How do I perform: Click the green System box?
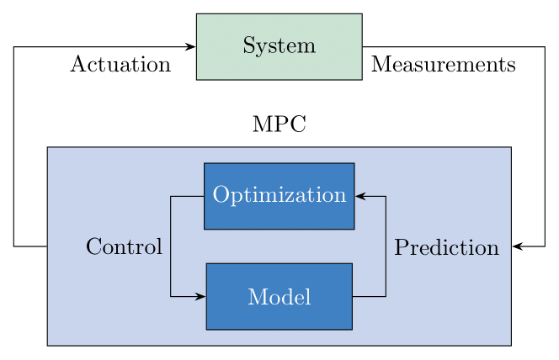pos(279,46)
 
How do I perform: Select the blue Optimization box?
pos(279,196)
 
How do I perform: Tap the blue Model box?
pos(279,296)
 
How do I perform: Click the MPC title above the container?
pos(279,125)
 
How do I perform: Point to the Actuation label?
pos(120,65)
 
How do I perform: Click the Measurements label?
pos(443,65)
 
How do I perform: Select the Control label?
pos(124,247)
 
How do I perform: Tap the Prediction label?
pos(446,248)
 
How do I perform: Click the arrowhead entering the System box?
pos(190,47)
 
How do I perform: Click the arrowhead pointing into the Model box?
pos(200,296)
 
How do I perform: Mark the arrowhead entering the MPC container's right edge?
pos(517,246)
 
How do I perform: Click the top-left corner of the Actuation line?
pos(13,47)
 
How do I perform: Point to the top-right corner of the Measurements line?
pos(545,47)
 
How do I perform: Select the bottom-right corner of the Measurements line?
pos(545,246)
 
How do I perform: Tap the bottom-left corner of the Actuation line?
pos(13,246)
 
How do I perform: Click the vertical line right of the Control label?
pos(171,246)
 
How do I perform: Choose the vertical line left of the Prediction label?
pos(386,246)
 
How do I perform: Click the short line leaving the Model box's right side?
pos(369,296)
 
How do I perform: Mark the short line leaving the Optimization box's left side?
pos(187,196)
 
